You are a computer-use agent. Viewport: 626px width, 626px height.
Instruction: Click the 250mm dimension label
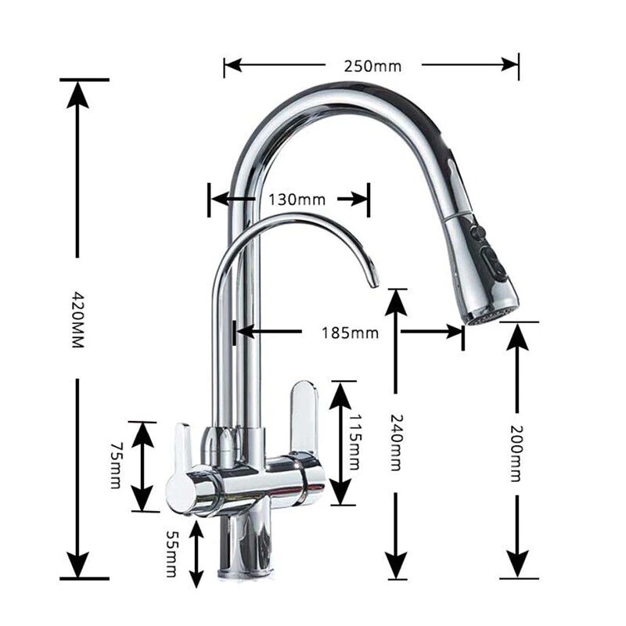[372, 67]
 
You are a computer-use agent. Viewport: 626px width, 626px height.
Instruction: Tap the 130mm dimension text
[297, 200]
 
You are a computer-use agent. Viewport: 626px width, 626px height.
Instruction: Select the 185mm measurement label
[350, 333]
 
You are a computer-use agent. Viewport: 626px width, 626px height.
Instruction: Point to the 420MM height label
[77, 319]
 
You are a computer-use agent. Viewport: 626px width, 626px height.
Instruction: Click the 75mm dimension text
[115, 465]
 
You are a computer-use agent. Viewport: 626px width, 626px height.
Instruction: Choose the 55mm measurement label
[171, 554]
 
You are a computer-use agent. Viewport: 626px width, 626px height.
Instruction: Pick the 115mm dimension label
[354, 442]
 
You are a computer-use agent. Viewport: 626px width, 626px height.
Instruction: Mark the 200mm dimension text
[516, 454]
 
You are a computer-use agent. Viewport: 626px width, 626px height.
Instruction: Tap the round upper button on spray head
[479, 232]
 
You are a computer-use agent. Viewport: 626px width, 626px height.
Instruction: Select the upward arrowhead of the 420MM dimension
[77, 94]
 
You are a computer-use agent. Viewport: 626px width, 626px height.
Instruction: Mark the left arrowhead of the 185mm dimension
[246, 331]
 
